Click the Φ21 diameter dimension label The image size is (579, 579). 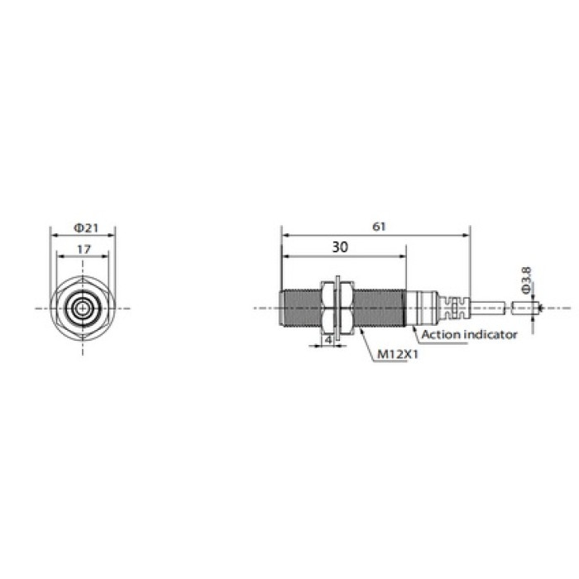pos(86,227)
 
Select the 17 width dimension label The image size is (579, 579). pos(84,250)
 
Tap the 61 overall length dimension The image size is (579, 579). pos(379,227)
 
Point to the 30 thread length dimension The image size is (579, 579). pos(340,247)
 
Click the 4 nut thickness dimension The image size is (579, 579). pos(328,340)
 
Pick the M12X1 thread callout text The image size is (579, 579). pos(398,355)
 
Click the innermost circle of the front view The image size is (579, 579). pos(83,308)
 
